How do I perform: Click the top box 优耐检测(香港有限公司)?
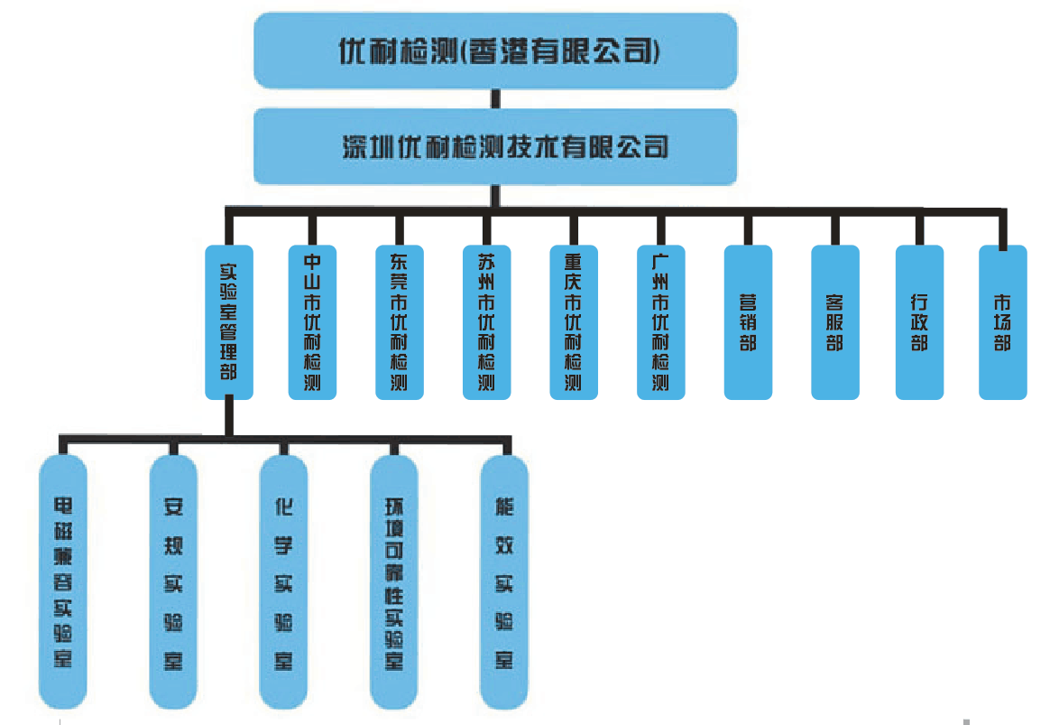495,51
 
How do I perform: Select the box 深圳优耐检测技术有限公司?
495,146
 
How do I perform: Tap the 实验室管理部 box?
229,321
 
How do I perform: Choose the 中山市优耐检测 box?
312,321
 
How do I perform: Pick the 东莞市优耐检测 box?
399,321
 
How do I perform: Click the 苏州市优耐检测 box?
486,321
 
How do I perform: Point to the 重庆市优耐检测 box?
574,321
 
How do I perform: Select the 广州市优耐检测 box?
660,321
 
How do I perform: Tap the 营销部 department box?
748,321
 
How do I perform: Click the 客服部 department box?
834,321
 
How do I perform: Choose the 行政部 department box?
919,321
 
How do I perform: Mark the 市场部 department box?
1002,321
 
